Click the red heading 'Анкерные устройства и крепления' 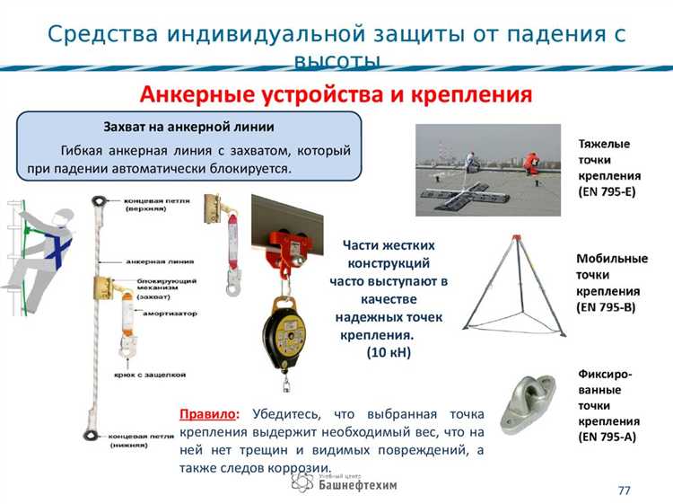[x=336, y=93]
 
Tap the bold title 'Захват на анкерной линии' [x=189, y=127]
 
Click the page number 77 [x=625, y=490]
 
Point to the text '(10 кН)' [x=389, y=353]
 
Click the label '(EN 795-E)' [x=607, y=191]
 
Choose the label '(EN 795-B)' [x=607, y=307]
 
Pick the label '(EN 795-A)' [x=607, y=437]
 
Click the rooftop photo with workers [x=490, y=170]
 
